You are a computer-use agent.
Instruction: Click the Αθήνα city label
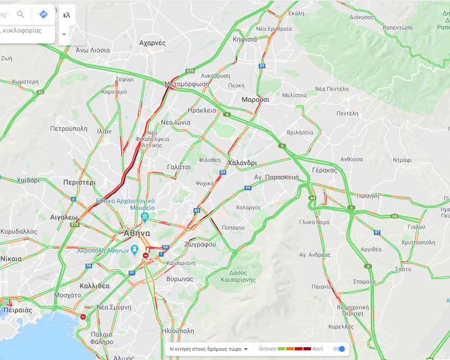(x=137, y=233)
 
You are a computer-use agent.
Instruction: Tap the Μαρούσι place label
(x=255, y=99)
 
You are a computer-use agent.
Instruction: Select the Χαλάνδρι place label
(x=242, y=163)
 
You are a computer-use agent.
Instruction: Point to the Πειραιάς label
(x=17, y=310)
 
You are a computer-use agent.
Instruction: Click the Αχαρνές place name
(x=152, y=43)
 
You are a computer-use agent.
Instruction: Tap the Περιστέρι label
(x=79, y=182)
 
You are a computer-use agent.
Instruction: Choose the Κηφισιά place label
(x=244, y=39)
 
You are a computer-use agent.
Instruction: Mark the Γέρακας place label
(x=324, y=170)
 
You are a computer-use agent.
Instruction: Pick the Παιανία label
(x=323, y=286)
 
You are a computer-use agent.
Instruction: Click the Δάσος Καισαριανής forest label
(x=238, y=276)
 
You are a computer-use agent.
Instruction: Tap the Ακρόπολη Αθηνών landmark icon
(x=134, y=250)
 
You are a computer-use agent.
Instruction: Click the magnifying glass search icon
(x=20, y=14)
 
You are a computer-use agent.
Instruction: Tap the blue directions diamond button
(x=43, y=14)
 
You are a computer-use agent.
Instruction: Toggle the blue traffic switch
(x=339, y=349)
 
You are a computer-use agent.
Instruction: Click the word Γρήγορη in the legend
(x=267, y=349)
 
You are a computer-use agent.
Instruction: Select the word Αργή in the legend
(x=318, y=349)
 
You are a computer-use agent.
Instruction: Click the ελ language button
(x=66, y=15)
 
